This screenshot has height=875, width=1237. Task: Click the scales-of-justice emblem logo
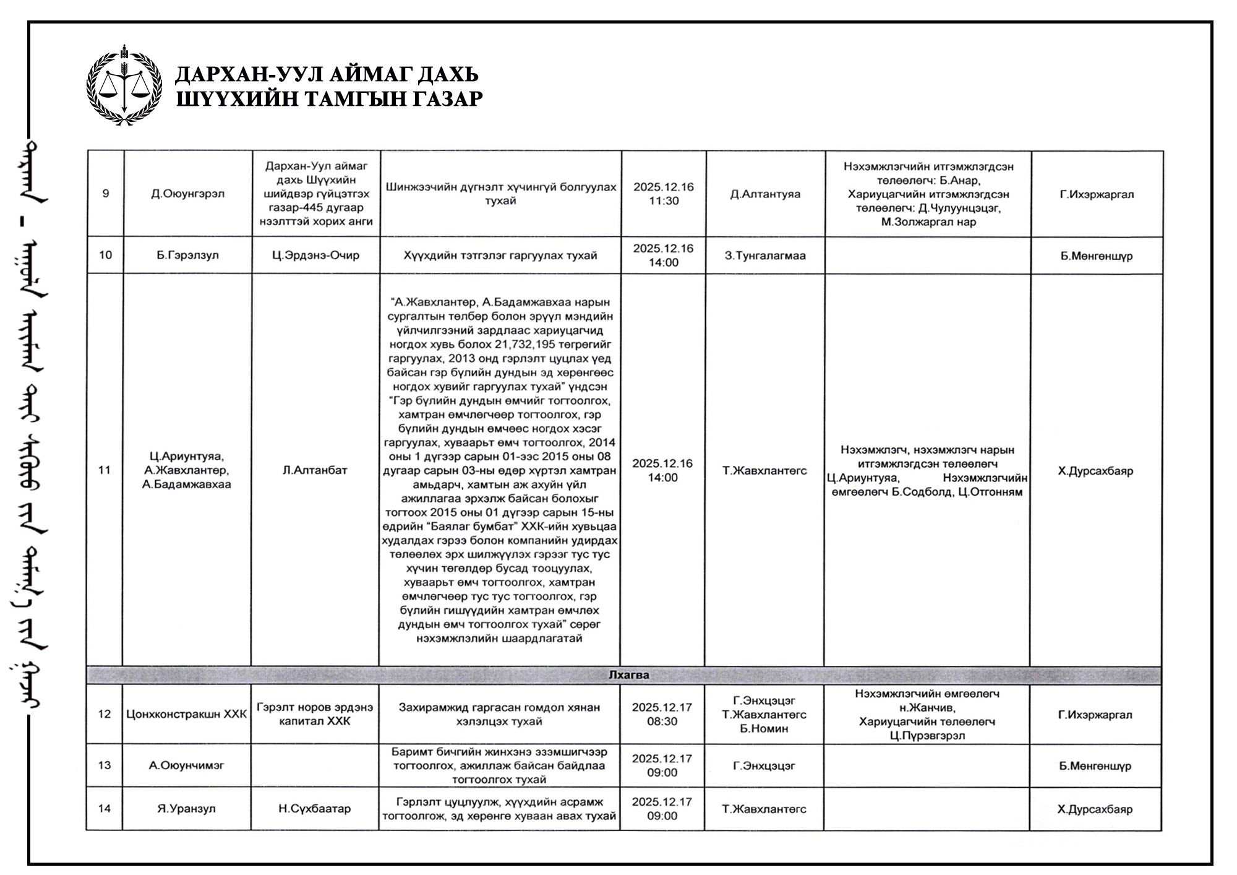[124, 85]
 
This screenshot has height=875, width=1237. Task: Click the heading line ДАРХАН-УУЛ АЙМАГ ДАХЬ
[327, 74]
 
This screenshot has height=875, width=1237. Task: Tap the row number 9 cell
[106, 194]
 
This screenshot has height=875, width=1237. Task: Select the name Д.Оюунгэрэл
[188, 194]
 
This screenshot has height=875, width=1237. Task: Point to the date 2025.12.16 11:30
[664, 194]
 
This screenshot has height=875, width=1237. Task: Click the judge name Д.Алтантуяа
[765, 194]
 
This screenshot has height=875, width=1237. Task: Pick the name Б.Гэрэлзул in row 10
[188, 255]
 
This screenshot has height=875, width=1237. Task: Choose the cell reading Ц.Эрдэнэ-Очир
[315, 255]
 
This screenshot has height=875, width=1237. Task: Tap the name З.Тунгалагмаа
[765, 256]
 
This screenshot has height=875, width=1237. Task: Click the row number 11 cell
[105, 470]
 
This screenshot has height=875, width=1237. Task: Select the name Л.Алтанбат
[315, 470]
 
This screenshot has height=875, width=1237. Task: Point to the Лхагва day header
[628, 675]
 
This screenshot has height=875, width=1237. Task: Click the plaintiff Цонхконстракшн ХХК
[187, 714]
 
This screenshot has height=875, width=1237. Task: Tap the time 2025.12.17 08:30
[662, 714]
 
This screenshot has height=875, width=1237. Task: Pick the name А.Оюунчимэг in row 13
[187, 765]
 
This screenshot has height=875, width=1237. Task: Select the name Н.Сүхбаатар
[315, 809]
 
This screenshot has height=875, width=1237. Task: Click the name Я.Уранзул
[187, 809]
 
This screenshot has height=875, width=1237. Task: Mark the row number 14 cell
[105, 809]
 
